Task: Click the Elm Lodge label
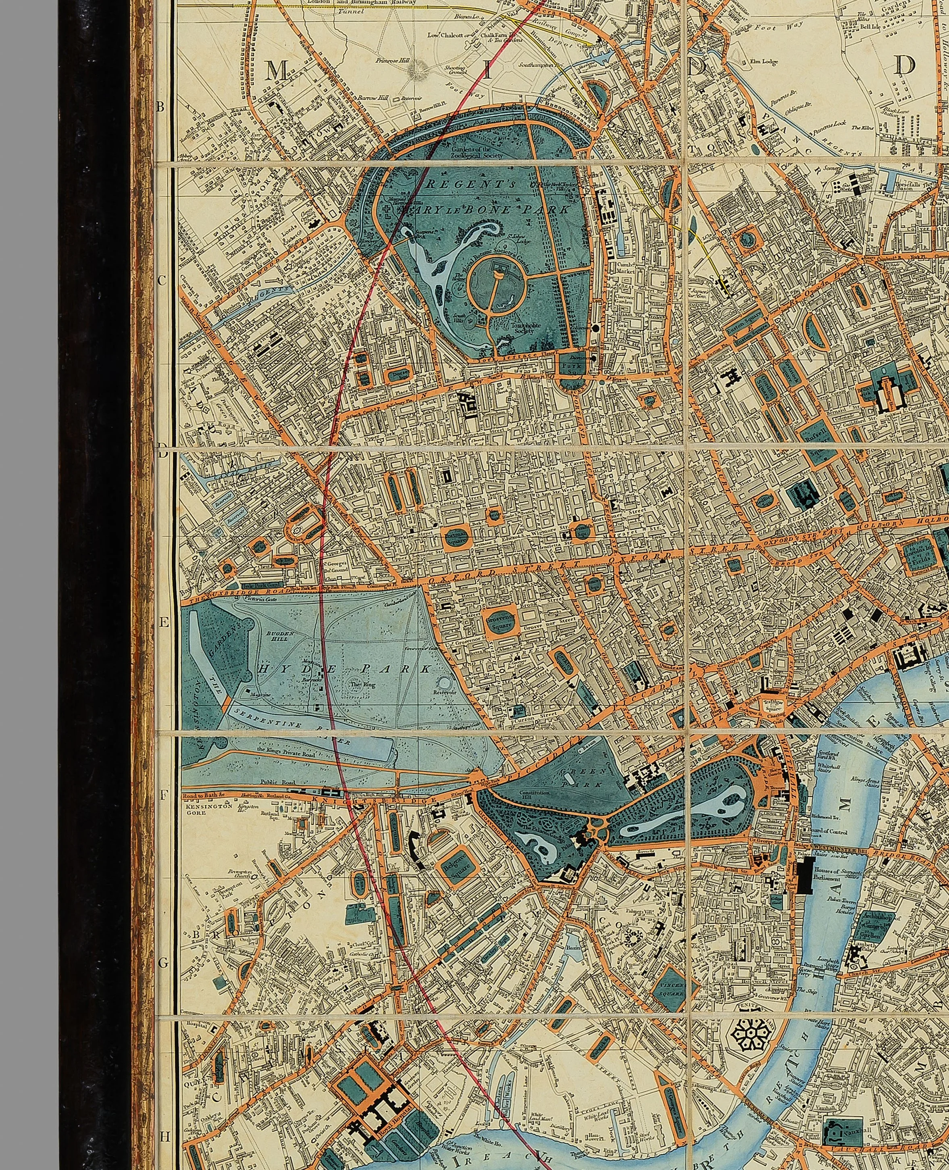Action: tap(749, 62)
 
